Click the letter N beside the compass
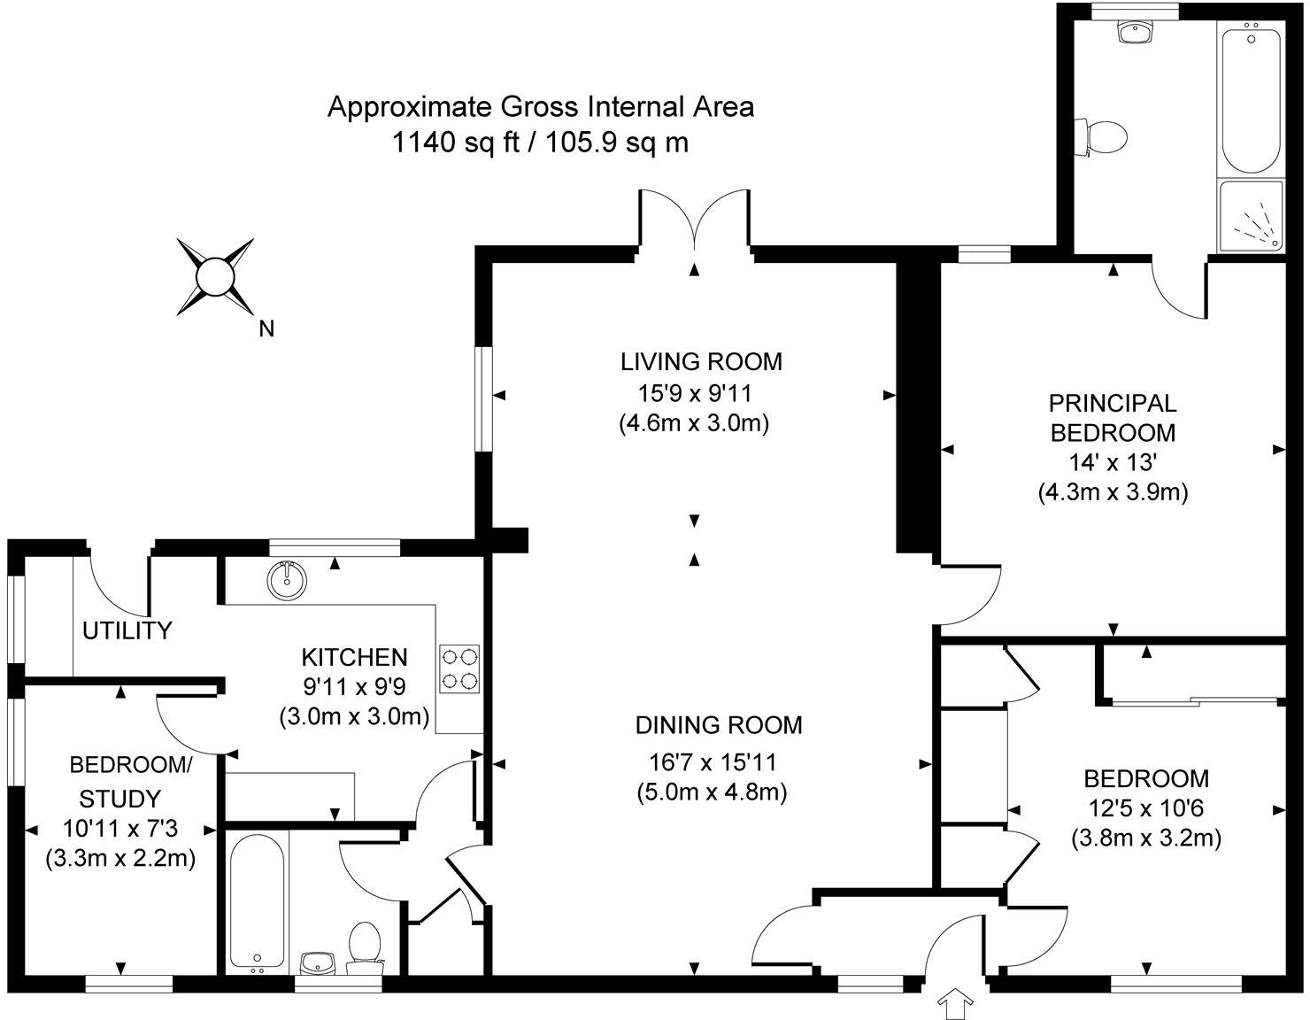[266, 329]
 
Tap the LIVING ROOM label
[701, 361]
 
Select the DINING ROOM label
[719, 725]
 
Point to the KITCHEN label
[354, 657]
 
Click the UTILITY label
[127, 631]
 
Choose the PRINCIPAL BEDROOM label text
[1112, 418]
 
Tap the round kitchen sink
[287, 580]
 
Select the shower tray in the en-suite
[1250, 215]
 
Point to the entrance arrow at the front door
[956, 1003]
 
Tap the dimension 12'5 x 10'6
[1145, 807]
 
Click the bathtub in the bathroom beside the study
[257, 901]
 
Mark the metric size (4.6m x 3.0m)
[693, 422]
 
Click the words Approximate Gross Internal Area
[540, 107]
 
